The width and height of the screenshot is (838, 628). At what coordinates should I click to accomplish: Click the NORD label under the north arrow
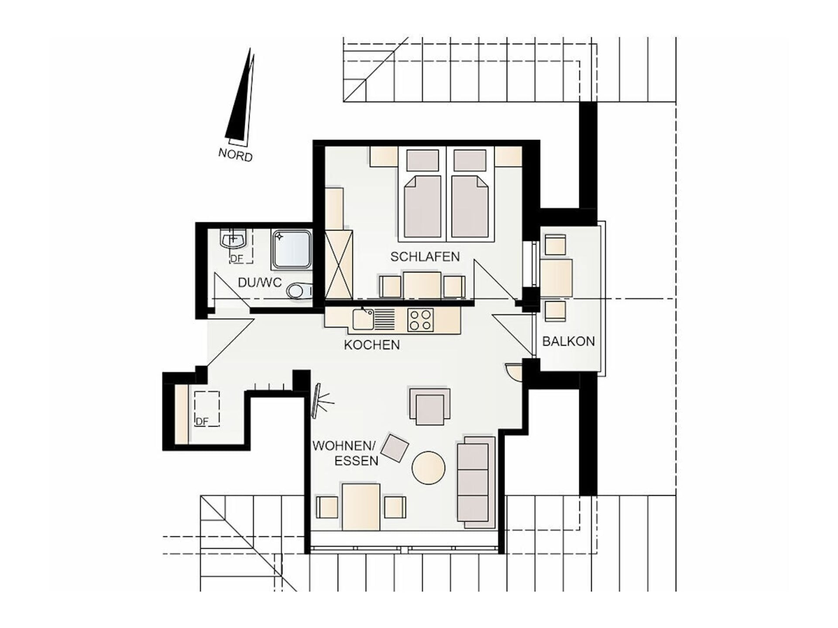coord(235,154)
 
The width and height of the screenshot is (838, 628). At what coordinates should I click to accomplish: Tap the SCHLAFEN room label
coord(425,256)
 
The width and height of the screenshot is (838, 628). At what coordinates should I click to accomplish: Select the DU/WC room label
coord(260,282)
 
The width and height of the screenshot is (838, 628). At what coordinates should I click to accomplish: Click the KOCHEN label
coord(372,345)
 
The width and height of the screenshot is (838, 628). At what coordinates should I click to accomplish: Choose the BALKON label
coord(568,341)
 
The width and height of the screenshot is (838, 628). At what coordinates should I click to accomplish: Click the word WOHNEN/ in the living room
coord(344,446)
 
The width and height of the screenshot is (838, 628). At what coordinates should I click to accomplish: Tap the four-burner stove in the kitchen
coord(420,320)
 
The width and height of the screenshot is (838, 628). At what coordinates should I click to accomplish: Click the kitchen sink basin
coord(363,319)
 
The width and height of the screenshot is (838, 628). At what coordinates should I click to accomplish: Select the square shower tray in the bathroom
coord(292,249)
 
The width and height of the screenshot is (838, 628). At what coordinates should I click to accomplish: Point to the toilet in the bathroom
coord(299,290)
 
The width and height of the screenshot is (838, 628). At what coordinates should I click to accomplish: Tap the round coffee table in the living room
coord(429,468)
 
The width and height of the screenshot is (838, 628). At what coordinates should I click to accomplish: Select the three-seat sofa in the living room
coord(476,482)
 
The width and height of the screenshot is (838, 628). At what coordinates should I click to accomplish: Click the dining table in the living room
coord(361,506)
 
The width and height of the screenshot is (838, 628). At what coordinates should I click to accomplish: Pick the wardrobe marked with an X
coord(339,265)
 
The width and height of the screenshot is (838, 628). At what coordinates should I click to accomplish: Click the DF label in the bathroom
coord(236,259)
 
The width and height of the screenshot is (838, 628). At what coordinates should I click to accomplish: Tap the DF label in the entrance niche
coord(202,421)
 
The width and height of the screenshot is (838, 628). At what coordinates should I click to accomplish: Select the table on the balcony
coord(556,278)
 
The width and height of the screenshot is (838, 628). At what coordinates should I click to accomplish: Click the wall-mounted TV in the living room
coord(316,401)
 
